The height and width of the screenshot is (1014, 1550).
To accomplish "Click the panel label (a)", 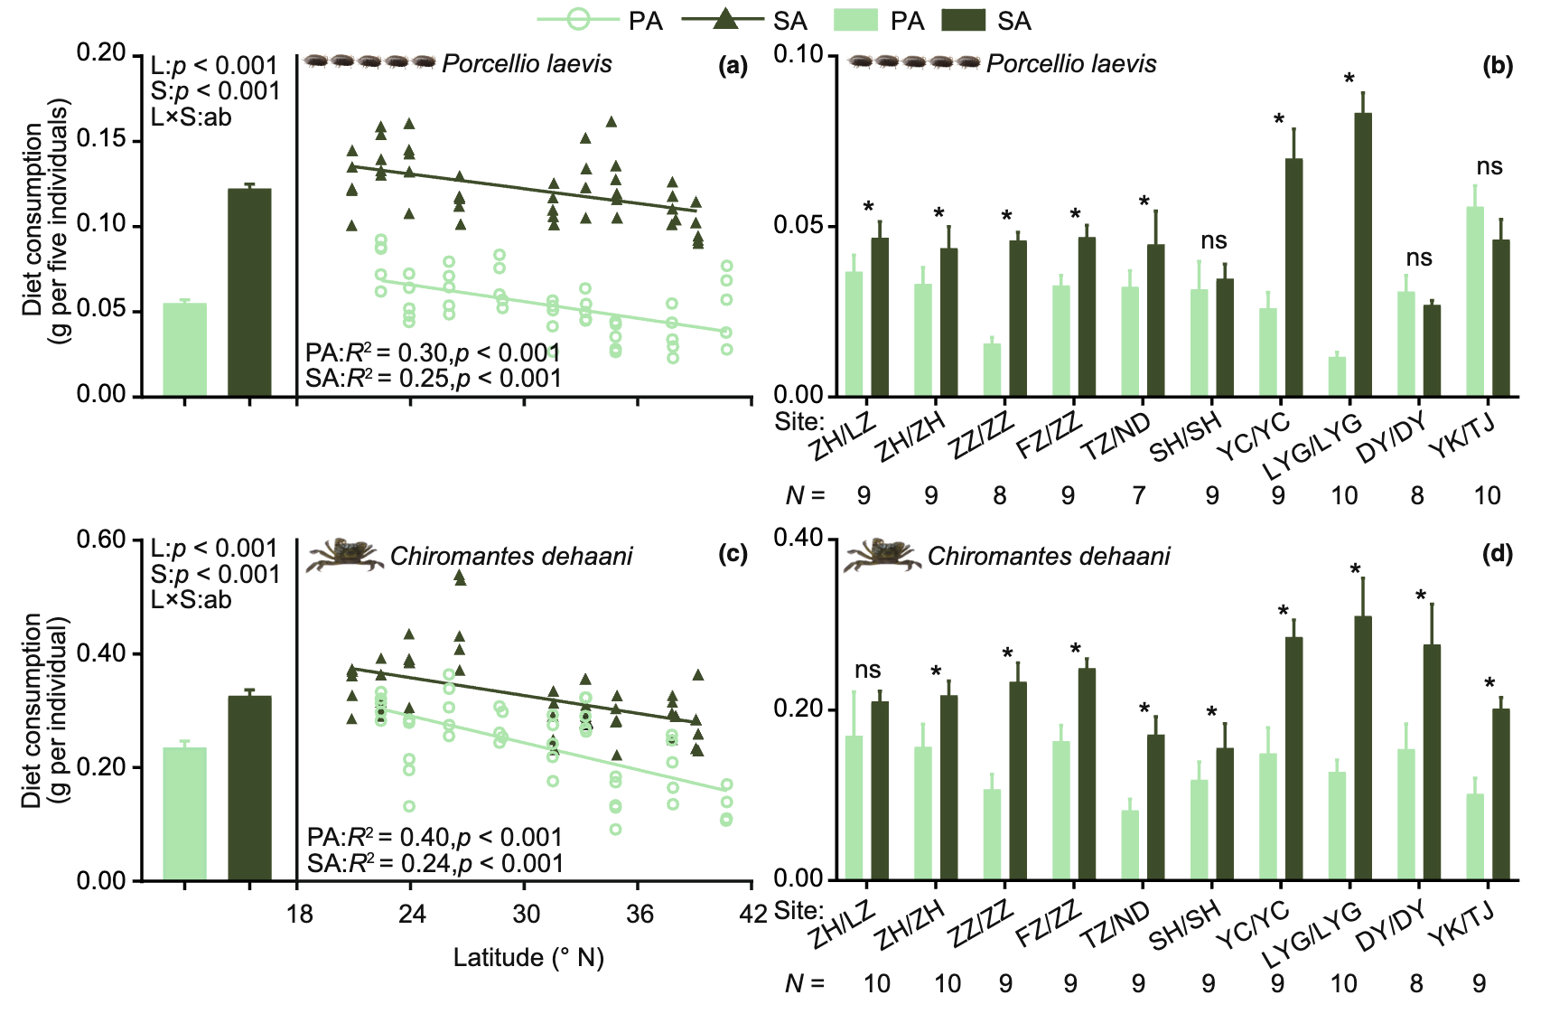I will pos(733,66).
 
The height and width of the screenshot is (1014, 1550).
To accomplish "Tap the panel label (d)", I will pos(1497,554).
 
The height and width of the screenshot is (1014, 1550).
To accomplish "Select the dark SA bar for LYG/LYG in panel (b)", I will pos(1362,255).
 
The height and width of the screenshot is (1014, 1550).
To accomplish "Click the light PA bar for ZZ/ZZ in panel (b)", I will pos(992,370).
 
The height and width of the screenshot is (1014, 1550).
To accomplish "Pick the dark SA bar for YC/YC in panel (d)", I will pos(1293,758).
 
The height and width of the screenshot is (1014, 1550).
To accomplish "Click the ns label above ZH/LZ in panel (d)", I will pos(867,670).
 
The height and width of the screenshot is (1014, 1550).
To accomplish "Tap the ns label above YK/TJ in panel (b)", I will pos(1489,166).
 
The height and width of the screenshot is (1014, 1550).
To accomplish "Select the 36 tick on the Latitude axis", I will pos(640,915).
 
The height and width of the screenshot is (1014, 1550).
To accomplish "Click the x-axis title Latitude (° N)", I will pos(528,958).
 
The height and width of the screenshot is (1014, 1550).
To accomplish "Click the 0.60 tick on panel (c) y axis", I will pos(101,540).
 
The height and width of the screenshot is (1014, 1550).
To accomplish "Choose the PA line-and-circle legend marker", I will pos(578,20).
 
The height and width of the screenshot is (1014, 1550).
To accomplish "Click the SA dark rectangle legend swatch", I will pos(963,20).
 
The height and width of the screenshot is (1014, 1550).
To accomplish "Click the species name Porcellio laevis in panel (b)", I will pos(1071,64).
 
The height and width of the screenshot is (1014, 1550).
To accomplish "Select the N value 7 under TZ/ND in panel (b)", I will pos(1138,495).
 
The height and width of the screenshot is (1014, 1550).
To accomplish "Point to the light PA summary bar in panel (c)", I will pos(184,813).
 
